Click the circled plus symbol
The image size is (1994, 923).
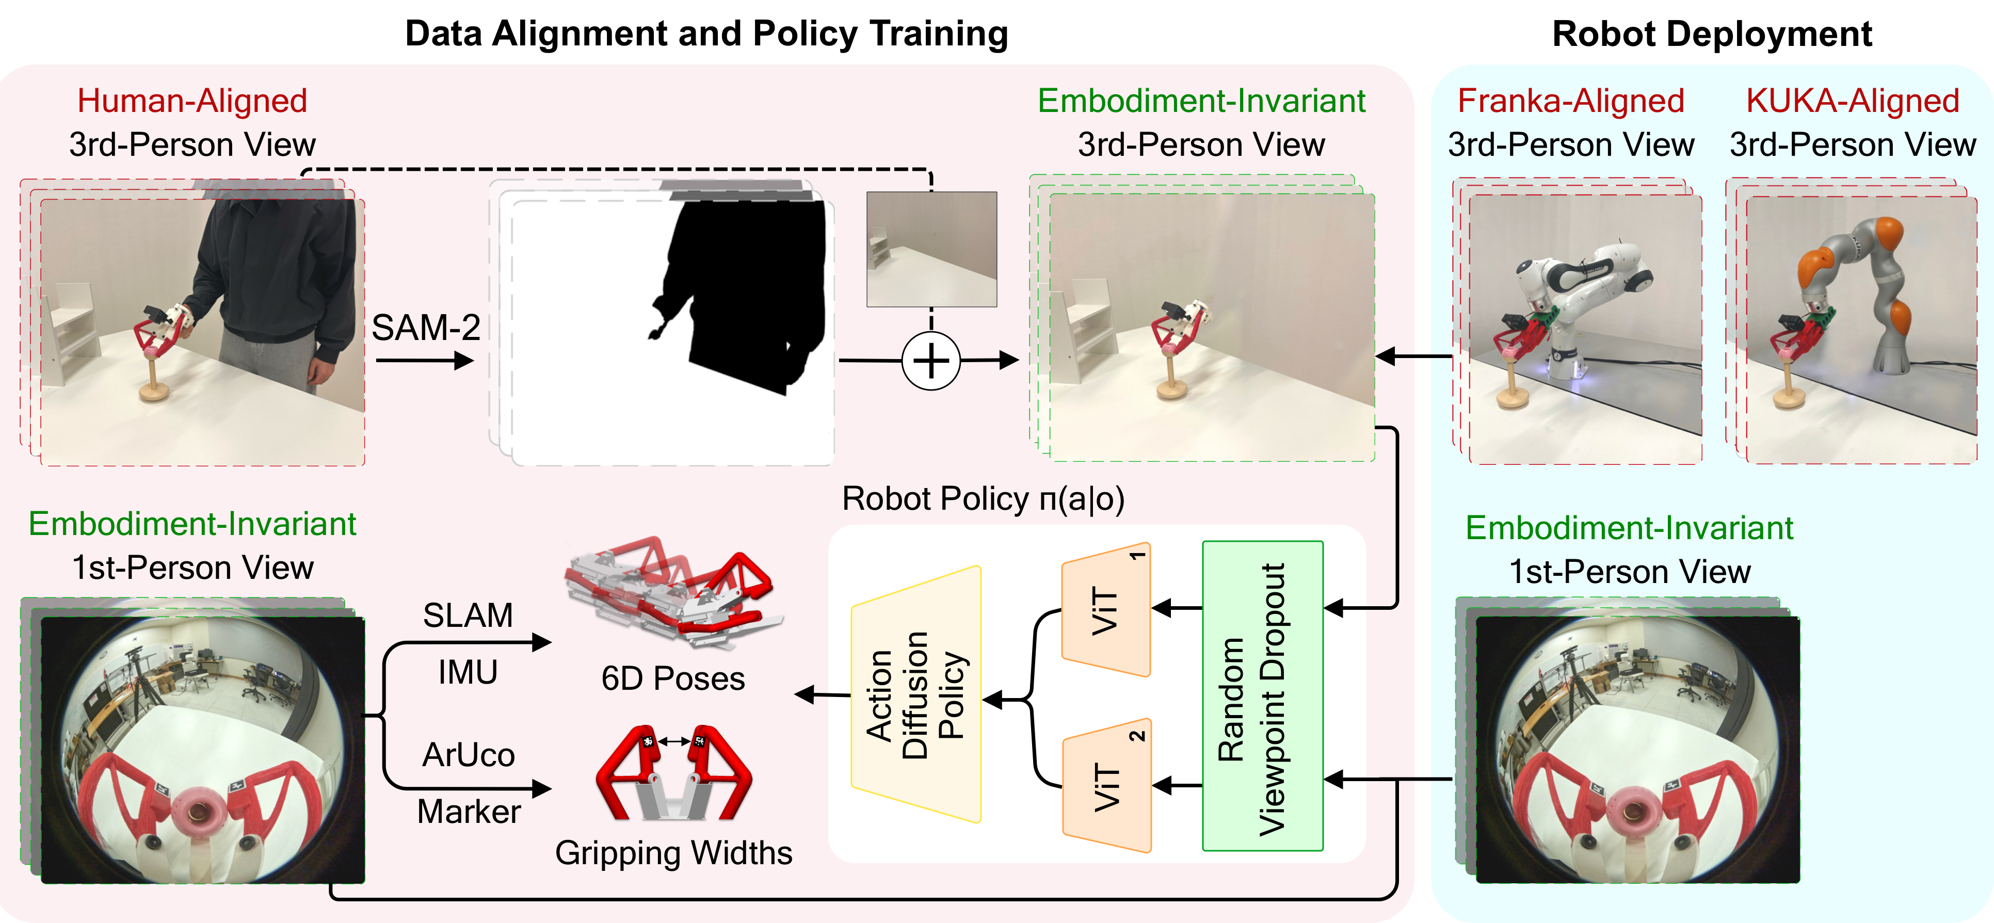point(931,361)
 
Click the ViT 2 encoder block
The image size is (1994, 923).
point(1107,787)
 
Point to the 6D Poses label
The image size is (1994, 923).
point(673,678)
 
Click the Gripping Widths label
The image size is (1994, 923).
point(673,853)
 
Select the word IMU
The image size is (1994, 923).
point(468,672)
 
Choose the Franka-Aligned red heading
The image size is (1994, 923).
point(1571,101)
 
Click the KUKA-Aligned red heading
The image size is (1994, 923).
point(1853,101)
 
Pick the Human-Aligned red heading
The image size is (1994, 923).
point(192,101)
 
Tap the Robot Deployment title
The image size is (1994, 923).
point(1712,34)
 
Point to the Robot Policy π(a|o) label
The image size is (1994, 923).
point(983,499)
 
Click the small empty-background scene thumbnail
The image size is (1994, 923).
point(931,249)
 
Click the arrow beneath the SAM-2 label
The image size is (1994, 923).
point(424,361)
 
